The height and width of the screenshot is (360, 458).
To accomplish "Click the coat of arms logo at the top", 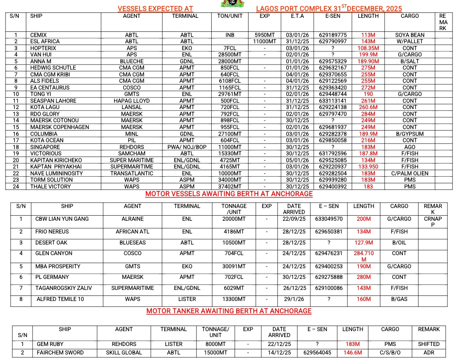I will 229,3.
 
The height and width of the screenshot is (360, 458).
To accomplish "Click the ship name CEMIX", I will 39,35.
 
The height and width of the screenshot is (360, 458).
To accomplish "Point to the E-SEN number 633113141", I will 333,101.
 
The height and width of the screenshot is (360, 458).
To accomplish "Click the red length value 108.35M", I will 368,48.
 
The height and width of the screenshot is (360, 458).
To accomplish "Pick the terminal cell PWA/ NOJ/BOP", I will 187,147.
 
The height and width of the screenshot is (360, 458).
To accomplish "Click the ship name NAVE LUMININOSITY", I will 56,173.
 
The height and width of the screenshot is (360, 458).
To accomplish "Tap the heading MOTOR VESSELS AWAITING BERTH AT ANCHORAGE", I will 229,194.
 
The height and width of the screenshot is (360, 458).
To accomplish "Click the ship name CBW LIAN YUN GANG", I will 62,219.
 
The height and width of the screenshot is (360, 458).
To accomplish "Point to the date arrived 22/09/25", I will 294,219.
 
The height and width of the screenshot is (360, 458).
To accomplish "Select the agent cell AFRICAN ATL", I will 132,232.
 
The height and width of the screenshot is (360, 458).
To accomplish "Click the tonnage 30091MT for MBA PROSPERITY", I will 234,267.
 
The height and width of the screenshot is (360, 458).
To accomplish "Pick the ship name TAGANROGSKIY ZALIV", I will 64,288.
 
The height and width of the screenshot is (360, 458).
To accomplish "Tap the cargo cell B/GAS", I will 399,299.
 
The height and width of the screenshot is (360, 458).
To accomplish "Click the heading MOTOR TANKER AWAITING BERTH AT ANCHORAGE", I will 229,311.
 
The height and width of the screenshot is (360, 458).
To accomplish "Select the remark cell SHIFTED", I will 428,344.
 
